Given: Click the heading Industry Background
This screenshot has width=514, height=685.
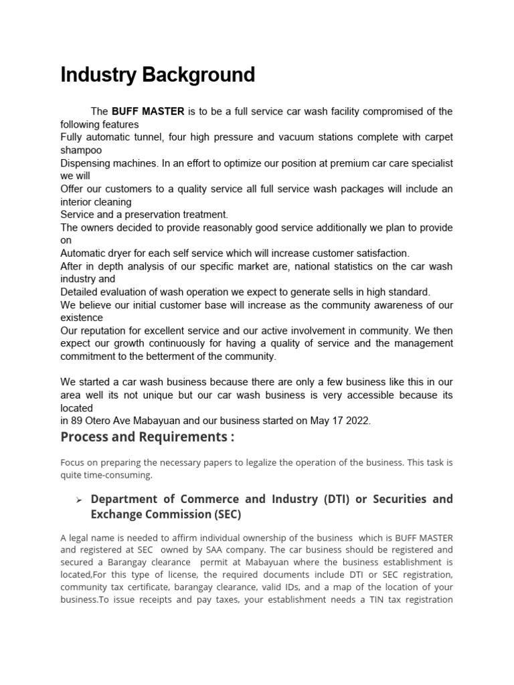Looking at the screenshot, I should point(158,74).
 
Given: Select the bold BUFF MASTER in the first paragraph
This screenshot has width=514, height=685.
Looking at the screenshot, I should point(148,111).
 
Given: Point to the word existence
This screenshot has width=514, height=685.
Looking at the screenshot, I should point(82,318).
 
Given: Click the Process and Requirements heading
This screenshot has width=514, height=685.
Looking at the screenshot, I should point(148,437).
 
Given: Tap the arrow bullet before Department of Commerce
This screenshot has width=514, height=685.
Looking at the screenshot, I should point(78,500).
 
